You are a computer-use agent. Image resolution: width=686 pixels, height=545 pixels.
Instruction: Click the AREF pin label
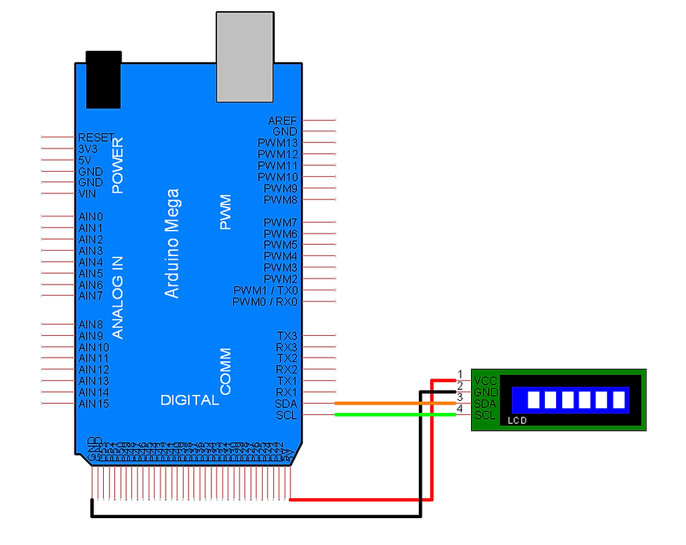click(x=282, y=121)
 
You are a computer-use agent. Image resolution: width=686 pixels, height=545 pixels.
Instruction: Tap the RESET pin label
click(x=96, y=138)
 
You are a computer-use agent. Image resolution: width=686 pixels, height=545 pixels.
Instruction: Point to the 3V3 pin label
click(x=88, y=149)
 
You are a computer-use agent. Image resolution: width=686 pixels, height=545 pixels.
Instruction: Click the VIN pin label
click(x=87, y=194)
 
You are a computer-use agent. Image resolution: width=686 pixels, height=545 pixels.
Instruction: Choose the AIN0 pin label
click(x=90, y=217)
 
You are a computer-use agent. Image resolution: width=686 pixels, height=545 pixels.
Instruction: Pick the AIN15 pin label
click(x=93, y=404)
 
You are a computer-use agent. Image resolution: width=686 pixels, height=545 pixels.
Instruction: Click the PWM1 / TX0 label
click(x=265, y=290)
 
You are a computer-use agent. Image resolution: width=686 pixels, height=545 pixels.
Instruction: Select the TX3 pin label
click(x=287, y=336)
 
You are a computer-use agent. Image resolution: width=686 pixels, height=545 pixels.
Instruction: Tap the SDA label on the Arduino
click(x=286, y=404)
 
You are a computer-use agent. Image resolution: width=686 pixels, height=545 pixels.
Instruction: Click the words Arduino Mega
click(x=172, y=243)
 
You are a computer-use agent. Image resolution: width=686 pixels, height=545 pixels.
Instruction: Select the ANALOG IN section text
click(x=117, y=297)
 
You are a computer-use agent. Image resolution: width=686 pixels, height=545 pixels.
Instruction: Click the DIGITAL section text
click(x=190, y=401)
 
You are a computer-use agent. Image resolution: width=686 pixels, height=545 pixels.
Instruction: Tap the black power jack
click(x=104, y=80)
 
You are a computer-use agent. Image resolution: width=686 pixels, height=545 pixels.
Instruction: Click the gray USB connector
click(x=244, y=57)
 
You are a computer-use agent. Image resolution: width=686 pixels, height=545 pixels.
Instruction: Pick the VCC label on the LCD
click(x=485, y=381)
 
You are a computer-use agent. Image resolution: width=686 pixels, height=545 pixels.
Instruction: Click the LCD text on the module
click(x=517, y=421)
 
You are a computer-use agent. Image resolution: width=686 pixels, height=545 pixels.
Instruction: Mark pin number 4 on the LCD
click(x=460, y=409)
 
